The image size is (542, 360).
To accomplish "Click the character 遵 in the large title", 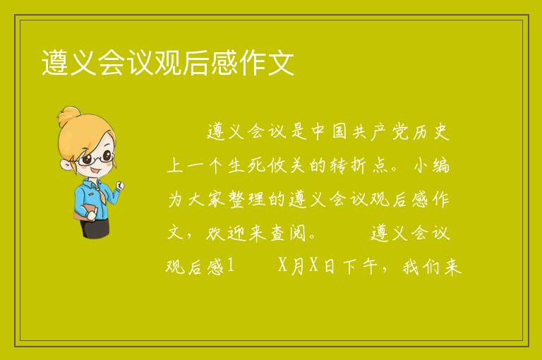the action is click(55, 62).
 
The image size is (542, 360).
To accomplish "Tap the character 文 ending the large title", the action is click(281, 62).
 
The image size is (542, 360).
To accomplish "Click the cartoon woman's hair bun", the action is click(69, 116).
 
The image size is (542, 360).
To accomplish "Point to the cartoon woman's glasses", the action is click(96, 158).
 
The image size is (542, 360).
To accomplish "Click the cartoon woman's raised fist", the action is click(120, 186).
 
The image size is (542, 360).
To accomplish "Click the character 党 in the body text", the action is click(400, 132).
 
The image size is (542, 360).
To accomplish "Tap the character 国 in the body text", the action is click(339, 132).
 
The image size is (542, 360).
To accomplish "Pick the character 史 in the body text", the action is click(440, 132).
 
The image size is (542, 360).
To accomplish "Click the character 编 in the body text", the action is click(440, 165).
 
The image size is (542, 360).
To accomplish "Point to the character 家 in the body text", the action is click(217, 199).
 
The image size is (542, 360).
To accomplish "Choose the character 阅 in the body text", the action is click(298, 233).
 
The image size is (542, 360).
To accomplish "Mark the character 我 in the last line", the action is click(411, 267).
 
